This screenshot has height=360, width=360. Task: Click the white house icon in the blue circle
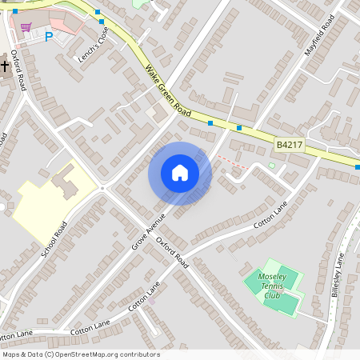[x=180, y=173]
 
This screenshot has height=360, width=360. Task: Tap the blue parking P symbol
[x=48, y=36]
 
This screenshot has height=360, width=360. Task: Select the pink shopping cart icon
[x=26, y=27]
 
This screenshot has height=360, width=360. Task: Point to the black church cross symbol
[x=3, y=64]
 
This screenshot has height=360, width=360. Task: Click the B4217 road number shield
[x=289, y=145]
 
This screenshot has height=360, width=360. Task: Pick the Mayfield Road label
[x=318, y=39]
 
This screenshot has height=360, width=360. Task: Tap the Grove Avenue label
[x=148, y=230]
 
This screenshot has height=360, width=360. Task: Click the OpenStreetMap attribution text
[x=81, y=354]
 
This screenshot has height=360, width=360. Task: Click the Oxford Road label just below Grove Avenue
[x=171, y=250]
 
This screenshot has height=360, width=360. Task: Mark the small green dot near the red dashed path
[x=271, y=166]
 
